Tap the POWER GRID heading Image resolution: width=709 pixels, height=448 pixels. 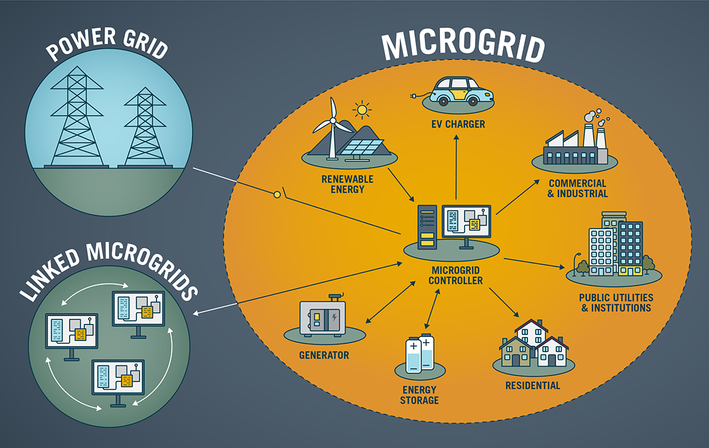coord(108,42)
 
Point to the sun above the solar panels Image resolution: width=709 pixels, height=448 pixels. coord(363,110)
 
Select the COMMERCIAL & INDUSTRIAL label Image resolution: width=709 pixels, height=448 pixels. coord(578,188)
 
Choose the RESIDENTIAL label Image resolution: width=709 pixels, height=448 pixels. coord(532,386)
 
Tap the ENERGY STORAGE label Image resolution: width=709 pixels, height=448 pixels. coord(420,395)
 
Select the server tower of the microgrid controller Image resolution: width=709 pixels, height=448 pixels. coord(428,227)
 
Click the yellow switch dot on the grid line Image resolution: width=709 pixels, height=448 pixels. coord(277,194)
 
